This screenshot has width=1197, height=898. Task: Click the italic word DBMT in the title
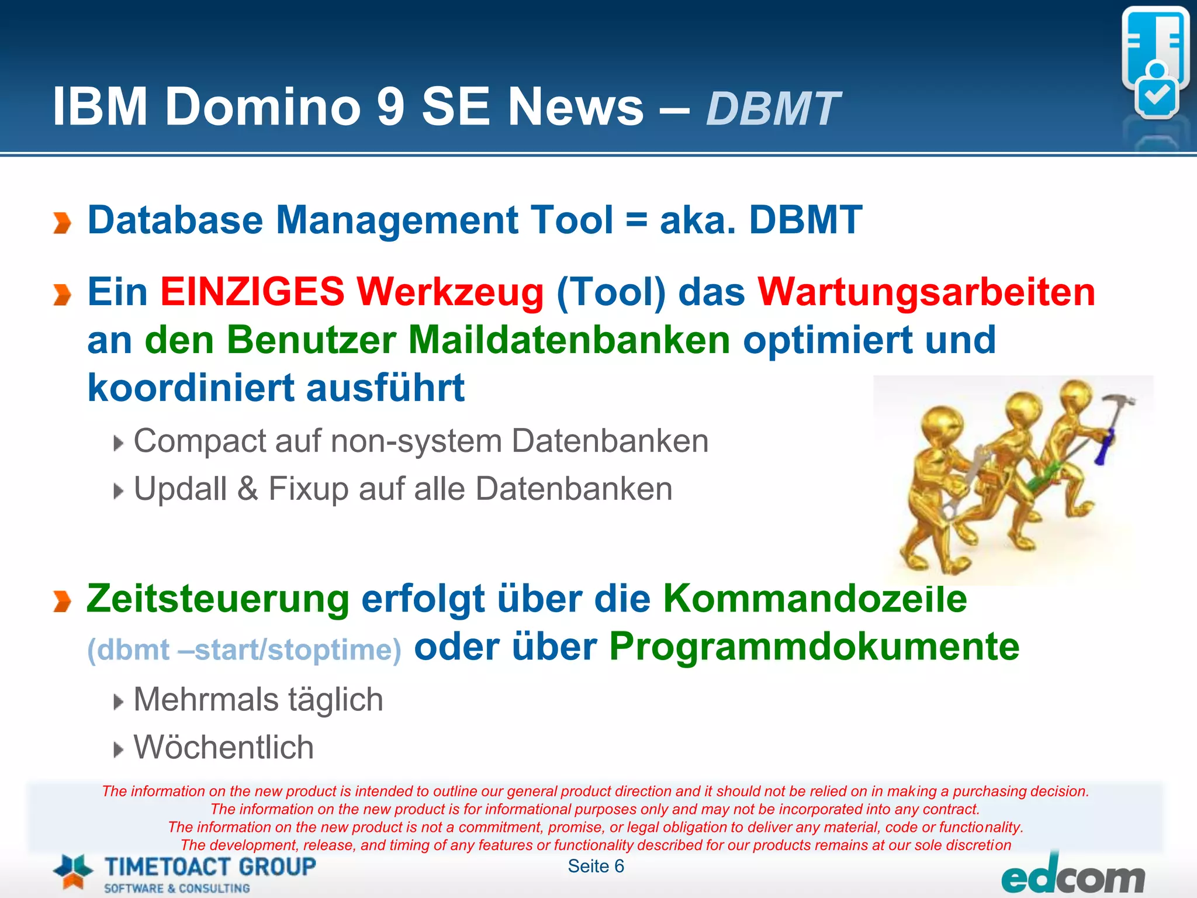(773, 109)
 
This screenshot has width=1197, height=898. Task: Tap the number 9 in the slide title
(390, 107)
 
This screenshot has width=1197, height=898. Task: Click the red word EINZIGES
(252, 292)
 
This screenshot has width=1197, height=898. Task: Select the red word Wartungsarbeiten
(926, 292)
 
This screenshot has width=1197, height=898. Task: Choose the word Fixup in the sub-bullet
(306, 489)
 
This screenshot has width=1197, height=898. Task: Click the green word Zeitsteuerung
(217, 599)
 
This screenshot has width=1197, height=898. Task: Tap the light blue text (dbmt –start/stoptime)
(244, 650)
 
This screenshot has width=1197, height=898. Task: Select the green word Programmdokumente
(814, 647)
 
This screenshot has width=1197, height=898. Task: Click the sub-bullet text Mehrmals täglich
(258, 700)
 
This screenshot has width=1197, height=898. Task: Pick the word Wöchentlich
(223, 748)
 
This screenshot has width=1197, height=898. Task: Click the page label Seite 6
(596, 866)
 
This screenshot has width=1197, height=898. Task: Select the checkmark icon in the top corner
(1157, 95)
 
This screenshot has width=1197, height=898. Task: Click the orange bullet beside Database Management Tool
(61, 223)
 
